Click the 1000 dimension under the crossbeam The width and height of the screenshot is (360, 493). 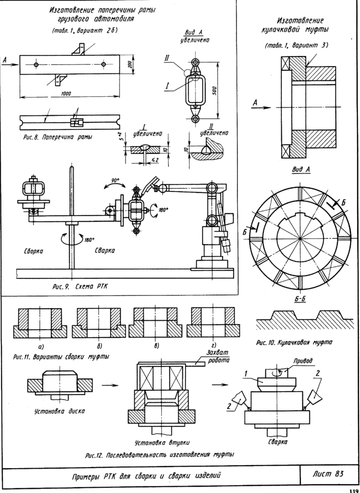[x=67, y=94]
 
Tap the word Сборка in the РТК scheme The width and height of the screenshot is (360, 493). [x=33, y=251]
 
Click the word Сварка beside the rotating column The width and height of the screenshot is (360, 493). [x=105, y=250]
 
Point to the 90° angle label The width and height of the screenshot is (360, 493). [x=115, y=181]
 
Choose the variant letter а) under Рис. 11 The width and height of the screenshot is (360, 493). [x=41, y=347]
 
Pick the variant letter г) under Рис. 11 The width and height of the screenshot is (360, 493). [x=214, y=346]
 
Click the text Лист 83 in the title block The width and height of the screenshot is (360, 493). [x=328, y=473]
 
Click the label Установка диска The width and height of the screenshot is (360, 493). [x=59, y=411]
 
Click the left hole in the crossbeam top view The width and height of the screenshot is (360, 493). [x=36, y=64]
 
